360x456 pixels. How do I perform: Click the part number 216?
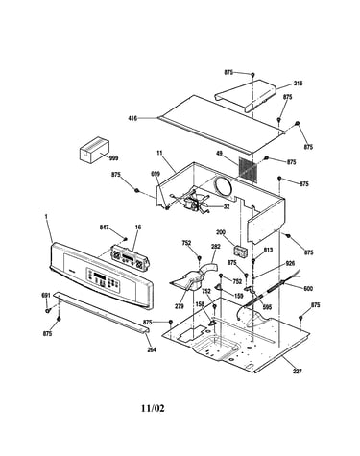point(298,84)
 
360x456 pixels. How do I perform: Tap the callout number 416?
point(132,118)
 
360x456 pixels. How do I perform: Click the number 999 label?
point(113,158)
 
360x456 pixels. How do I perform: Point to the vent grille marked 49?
point(248,170)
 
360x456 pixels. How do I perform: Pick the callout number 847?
point(104,228)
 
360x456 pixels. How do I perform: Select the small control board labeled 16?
point(130,257)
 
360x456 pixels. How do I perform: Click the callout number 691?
point(46,295)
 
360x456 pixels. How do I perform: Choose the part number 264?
point(152,349)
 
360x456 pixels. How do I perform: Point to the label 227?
point(297,372)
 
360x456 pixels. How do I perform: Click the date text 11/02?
point(153,408)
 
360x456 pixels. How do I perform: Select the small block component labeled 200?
point(240,251)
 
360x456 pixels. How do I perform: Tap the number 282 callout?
point(216,247)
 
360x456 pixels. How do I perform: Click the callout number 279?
point(180,306)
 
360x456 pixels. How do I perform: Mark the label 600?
point(308,288)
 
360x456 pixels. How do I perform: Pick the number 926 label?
point(290,263)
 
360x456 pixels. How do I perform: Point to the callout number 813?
point(268,250)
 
